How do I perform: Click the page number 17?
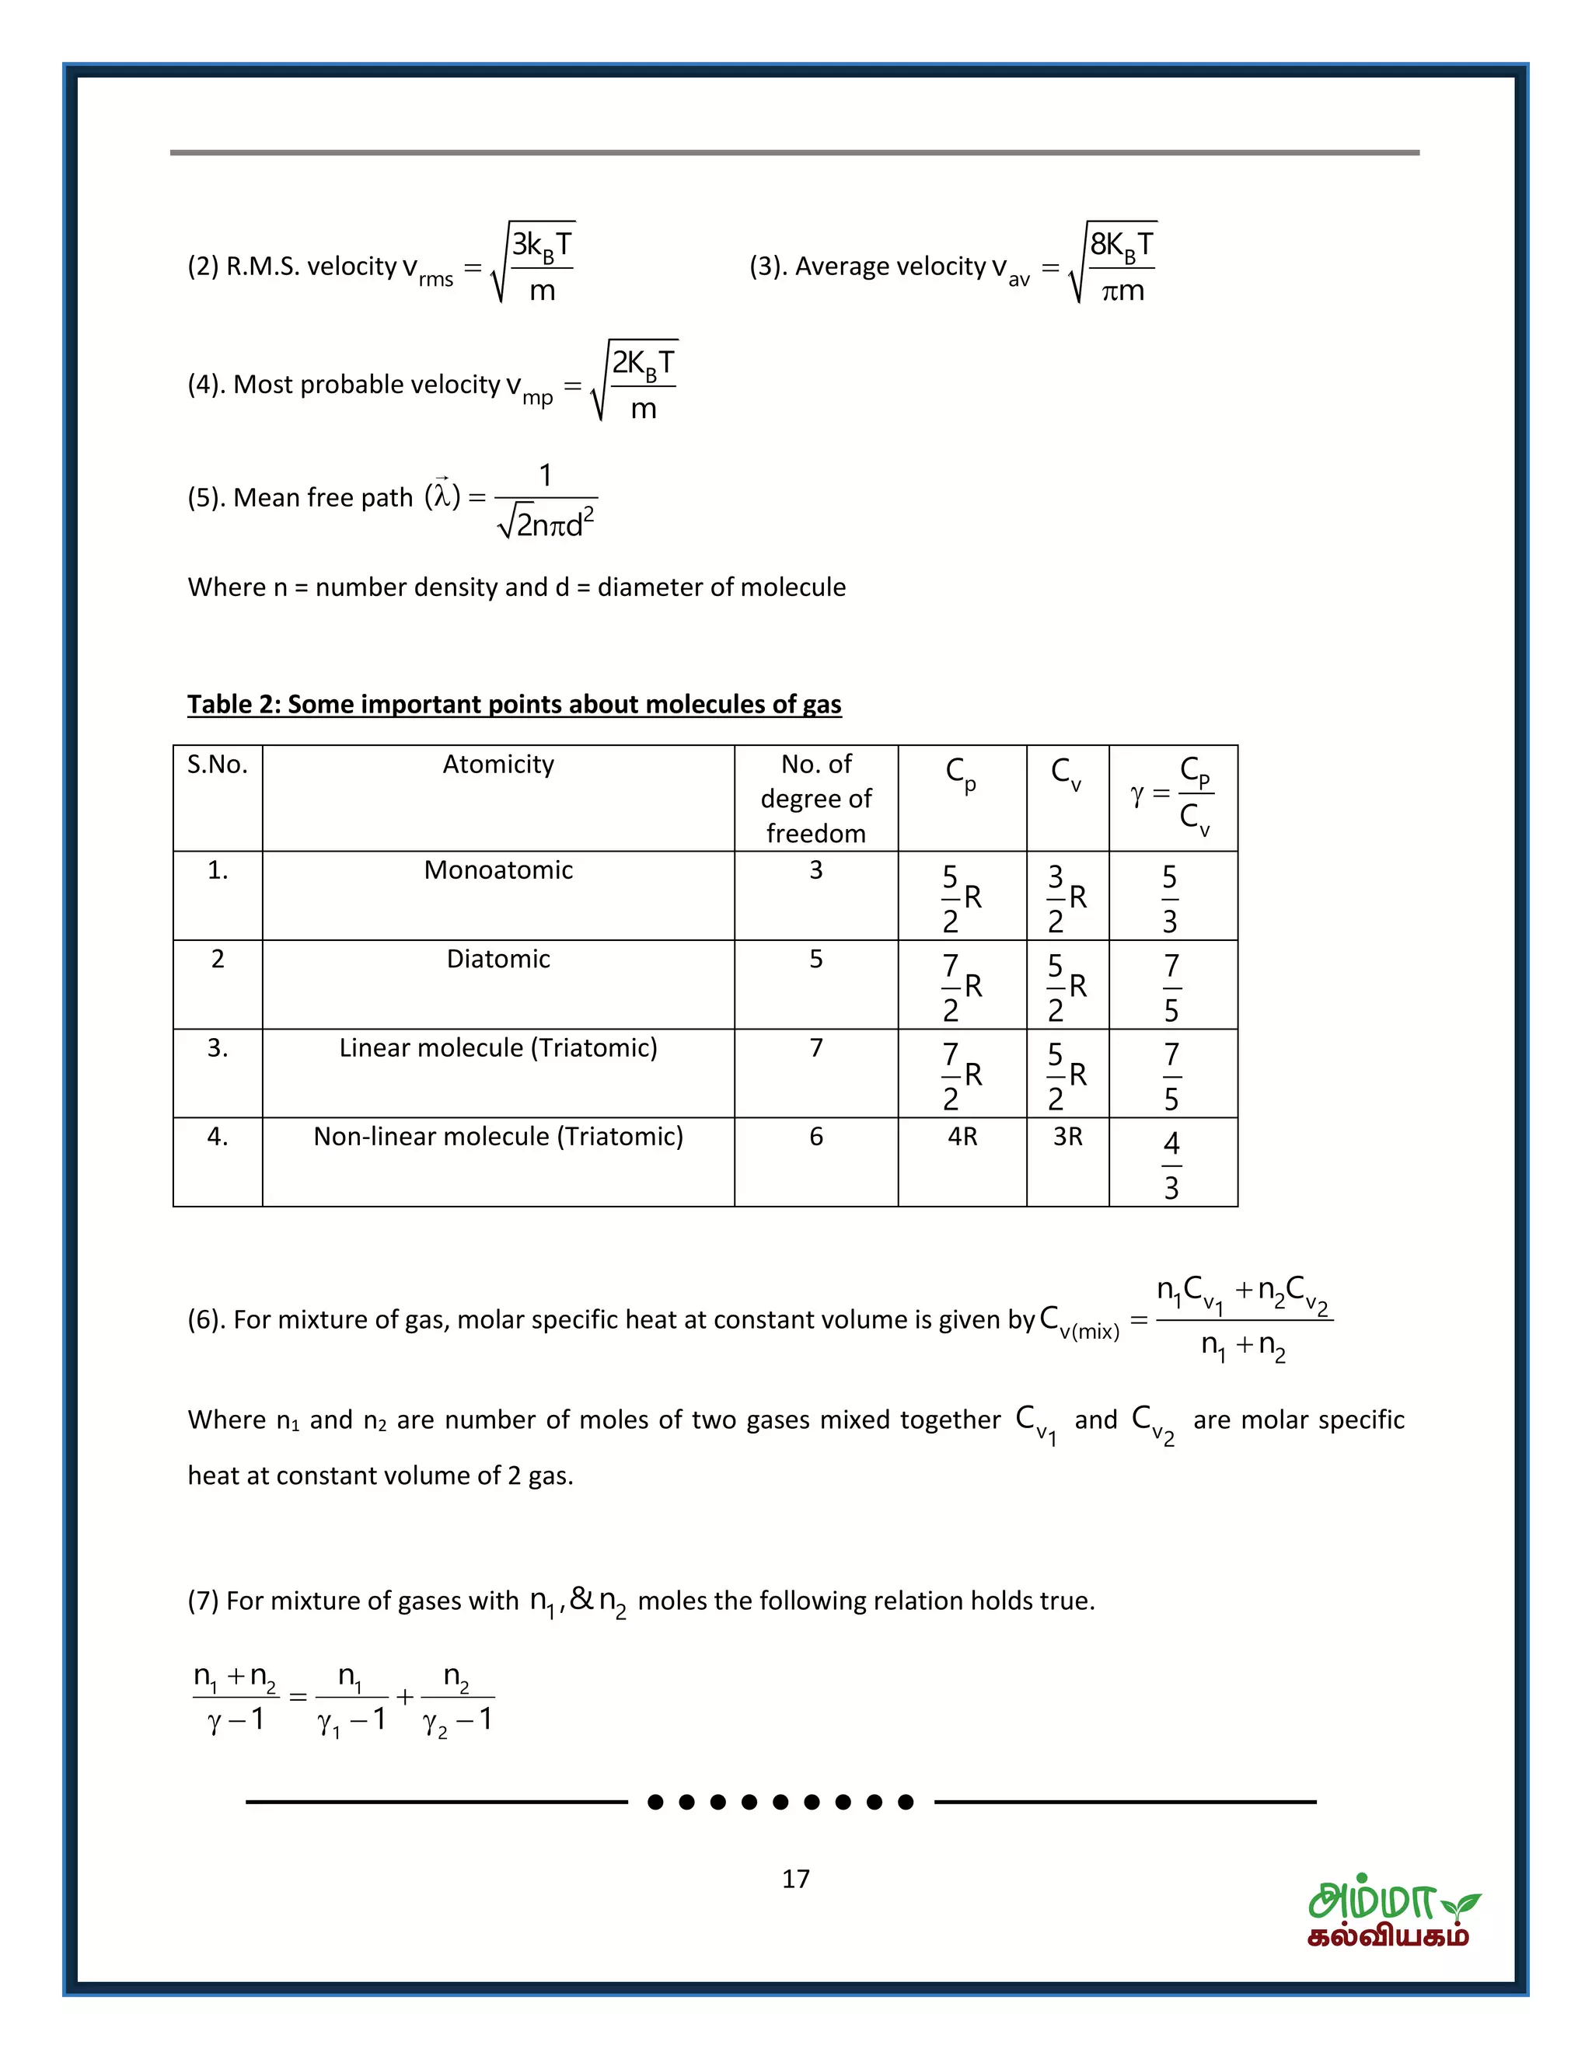tap(795, 1879)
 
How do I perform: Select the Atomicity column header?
tap(498, 764)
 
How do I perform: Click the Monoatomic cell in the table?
tap(498, 869)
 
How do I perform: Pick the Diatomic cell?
tap(498, 959)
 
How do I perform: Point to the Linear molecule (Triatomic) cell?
tap(498, 1047)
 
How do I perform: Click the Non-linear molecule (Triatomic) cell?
tap(498, 1136)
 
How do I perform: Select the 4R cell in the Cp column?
tap(962, 1137)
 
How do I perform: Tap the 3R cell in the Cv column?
tap(1067, 1137)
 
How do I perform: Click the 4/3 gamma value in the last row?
tap(1171, 1165)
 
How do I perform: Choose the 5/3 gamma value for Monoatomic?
tap(1169, 898)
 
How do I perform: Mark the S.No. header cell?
tap(217, 764)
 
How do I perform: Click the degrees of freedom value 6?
tap(815, 1137)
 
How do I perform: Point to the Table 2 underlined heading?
tap(514, 704)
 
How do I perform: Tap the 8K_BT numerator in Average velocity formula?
tap(1120, 245)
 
